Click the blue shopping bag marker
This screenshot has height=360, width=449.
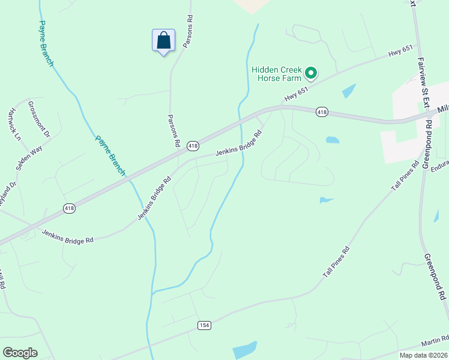pos(163,41)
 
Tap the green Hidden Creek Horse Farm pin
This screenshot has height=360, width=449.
pos(311,73)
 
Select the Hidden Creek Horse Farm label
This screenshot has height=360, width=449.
pos(276,74)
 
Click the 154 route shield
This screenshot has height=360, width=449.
pos(204,325)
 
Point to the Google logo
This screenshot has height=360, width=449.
pos(20,352)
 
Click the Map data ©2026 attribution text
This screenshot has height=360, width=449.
pos(423,355)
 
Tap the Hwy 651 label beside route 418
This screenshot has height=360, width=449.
pos(296,93)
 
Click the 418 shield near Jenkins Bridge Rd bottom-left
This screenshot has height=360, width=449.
pos(70,208)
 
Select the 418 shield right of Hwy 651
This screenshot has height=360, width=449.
pos(322,112)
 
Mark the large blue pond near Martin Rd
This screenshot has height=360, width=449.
pos(244,350)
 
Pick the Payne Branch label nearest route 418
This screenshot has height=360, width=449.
pos(110,155)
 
